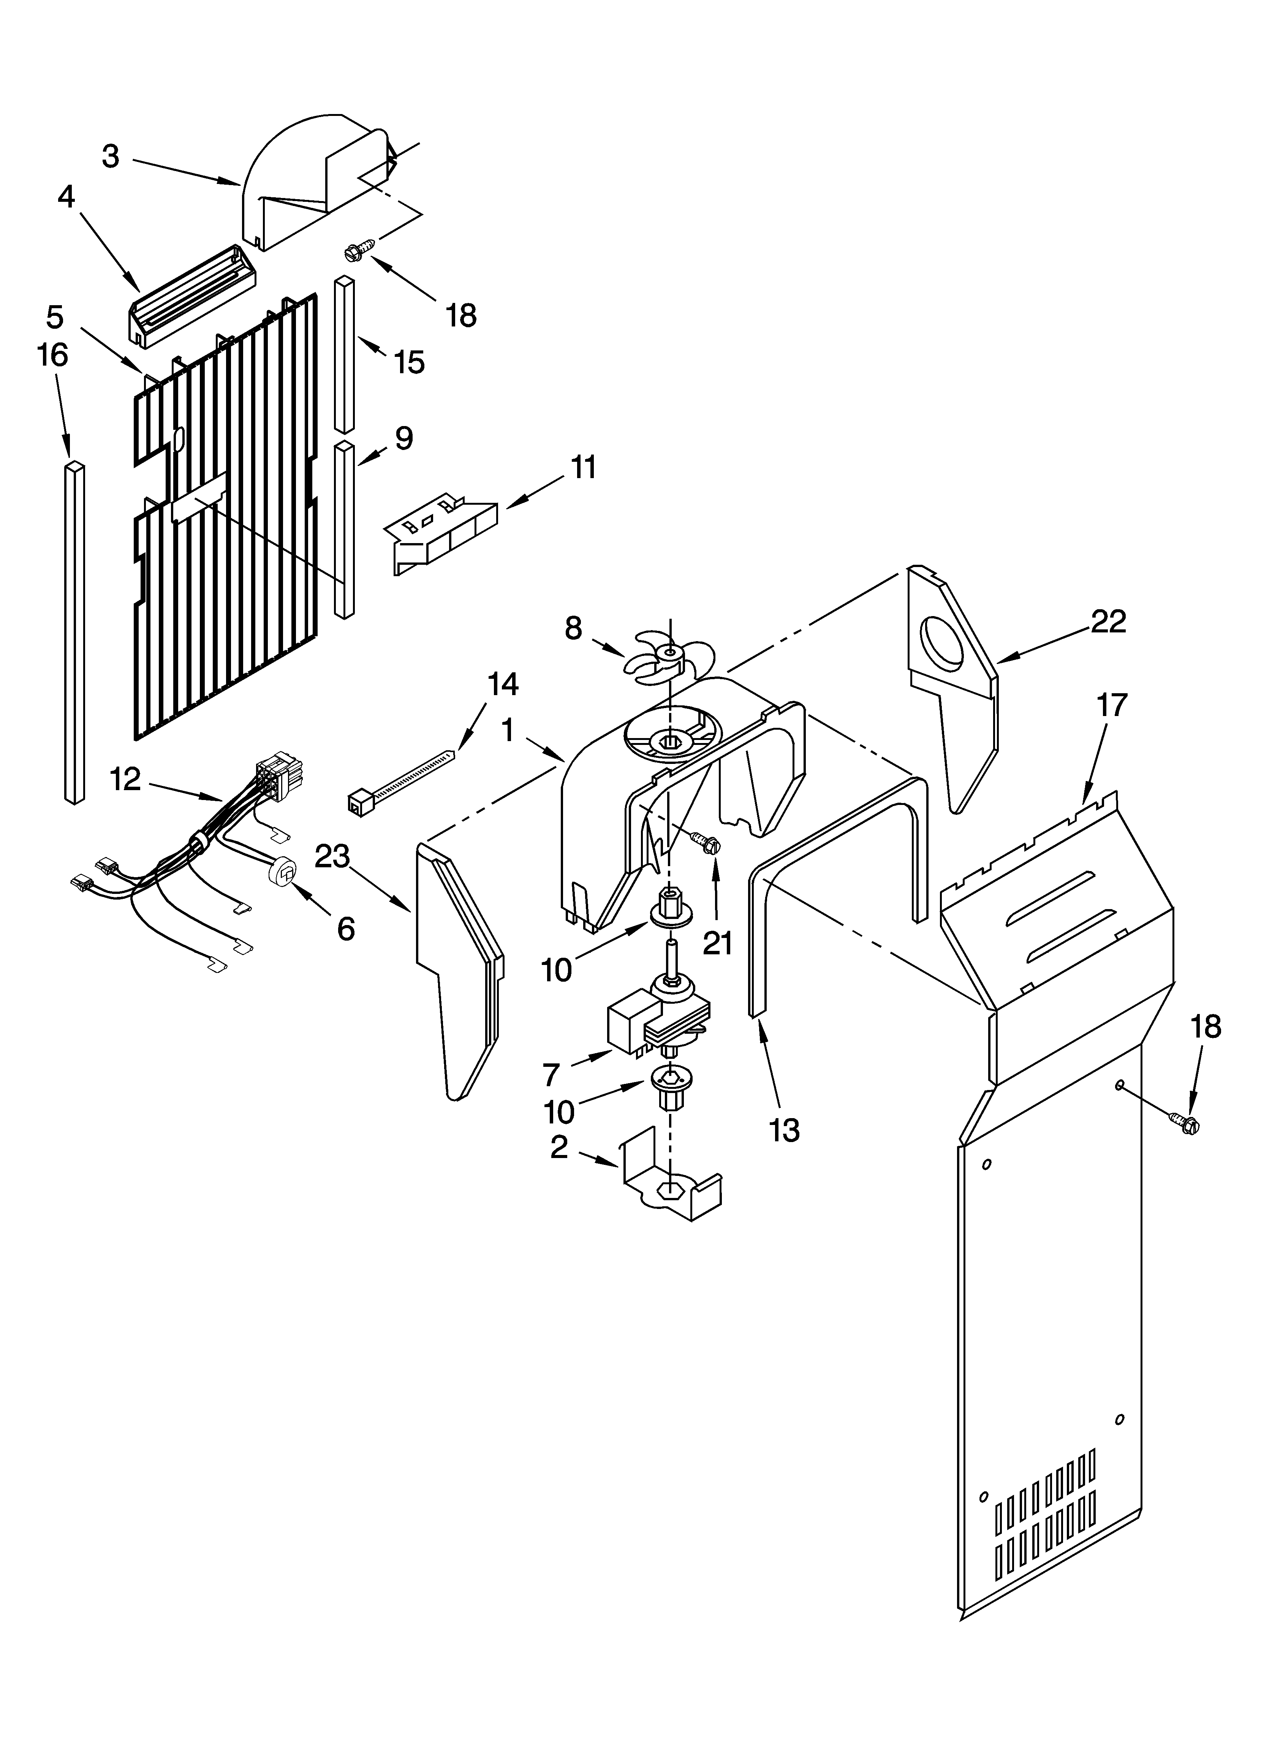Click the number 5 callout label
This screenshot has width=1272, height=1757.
click(54, 317)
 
